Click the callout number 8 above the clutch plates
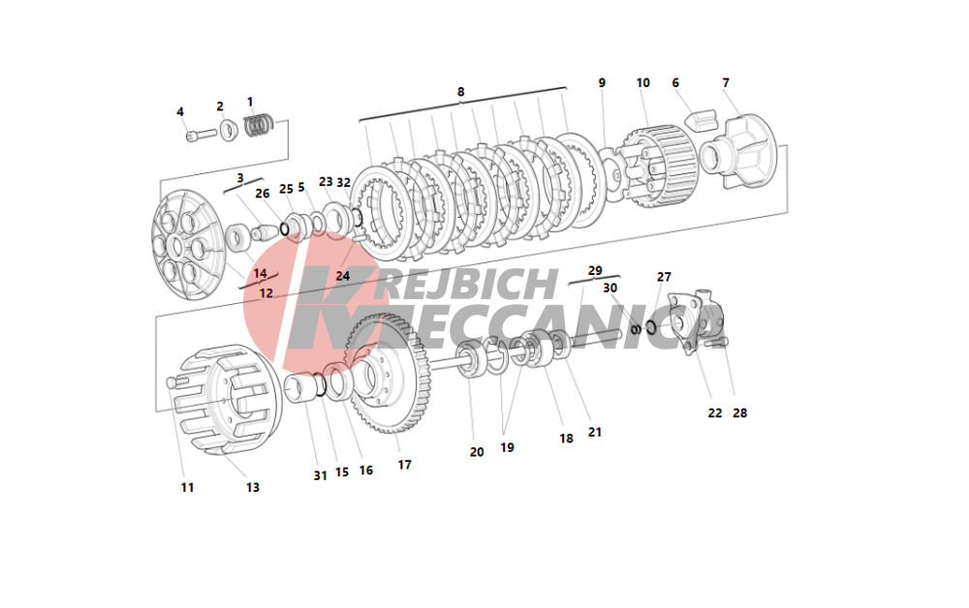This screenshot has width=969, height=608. (x=460, y=92)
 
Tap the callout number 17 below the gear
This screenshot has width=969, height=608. (x=404, y=465)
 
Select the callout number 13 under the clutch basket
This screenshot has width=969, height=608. (x=252, y=488)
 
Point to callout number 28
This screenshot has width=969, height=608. (x=739, y=413)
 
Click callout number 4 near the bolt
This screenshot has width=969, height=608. (x=180, y=111)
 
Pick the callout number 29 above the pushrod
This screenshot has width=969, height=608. (x=595, y=270)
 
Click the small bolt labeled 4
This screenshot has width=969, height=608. (x=202, y=135)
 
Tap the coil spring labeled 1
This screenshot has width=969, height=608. (x=259, y=125)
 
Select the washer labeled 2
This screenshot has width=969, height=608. (x=229, y=131)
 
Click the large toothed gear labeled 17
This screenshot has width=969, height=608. (x=389, y=374)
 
